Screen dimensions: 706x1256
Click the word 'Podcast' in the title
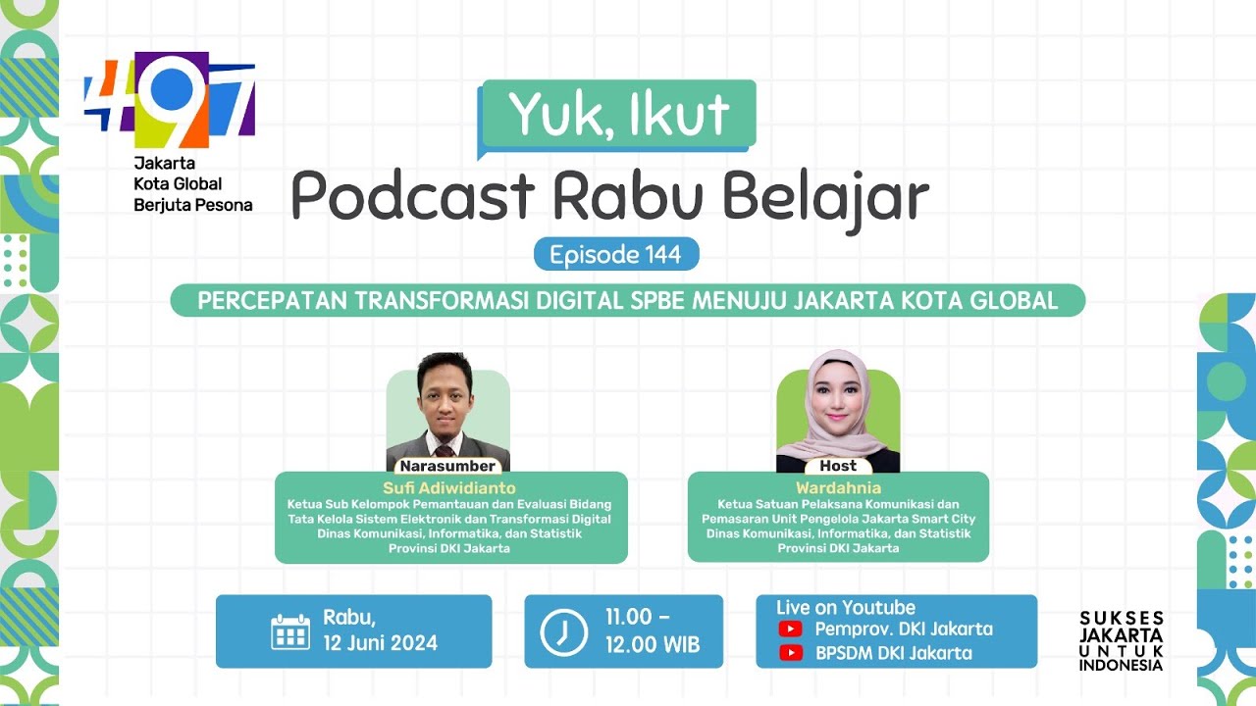tap(413, 196)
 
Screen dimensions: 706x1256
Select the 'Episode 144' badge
tap(615, 255)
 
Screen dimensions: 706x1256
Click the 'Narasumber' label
tap(447, 466)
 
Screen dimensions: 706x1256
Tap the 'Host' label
tap(837, 466)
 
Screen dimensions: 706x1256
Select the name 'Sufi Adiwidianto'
tap(450, 487)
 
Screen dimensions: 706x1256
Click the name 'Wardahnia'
tap(838, 487)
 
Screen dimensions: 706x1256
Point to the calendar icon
tap(289, 631)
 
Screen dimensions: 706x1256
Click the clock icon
tap(563, 631)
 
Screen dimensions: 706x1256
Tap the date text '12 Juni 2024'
tap(381, 644)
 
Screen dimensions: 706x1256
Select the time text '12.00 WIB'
tap(652, 646)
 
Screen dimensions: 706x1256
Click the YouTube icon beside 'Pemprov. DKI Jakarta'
tap(790, 629)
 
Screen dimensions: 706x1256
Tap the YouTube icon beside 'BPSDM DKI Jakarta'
tap(790, 653)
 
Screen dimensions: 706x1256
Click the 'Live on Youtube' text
tap(845, 608)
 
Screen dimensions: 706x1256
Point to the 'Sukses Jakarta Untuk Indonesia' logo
tap(1121, 641)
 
